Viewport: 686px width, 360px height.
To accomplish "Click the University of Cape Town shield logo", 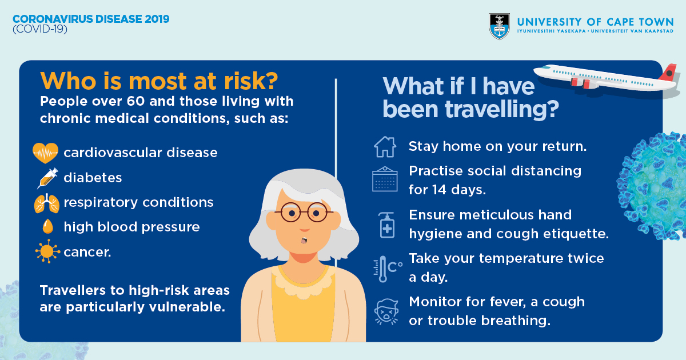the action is click(x=499, y=26).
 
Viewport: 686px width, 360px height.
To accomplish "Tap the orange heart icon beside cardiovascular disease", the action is click(x=45, y=153).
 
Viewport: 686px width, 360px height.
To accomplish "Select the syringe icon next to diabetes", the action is click(x=47, y=178).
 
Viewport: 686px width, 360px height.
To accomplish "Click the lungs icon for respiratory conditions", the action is click(x=46, y=203).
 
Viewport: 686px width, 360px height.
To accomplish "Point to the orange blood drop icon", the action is click(x=48, y=226).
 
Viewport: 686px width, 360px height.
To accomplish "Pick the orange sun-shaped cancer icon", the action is click(x=47, y=251).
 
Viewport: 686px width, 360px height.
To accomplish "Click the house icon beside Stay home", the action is click(x=385, y=147).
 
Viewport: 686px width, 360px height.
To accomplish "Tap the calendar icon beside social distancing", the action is click(x=385, y=179).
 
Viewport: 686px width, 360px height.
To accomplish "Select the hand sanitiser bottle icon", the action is click(x=386, y=225).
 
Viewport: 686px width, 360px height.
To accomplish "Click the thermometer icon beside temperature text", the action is click(x=382, y=269).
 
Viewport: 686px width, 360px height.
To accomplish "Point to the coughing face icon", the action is click(x=386, y=311).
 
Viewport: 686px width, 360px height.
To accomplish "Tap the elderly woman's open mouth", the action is click(x=304, y=241).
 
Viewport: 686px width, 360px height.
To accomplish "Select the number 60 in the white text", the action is click(x=135, y=101).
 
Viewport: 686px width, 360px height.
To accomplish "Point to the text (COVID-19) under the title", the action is click(x=40, y=29).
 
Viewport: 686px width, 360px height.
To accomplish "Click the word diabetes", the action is click(x=93, y=178).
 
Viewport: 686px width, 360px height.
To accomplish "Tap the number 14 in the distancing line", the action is click(x=440, y=190).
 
